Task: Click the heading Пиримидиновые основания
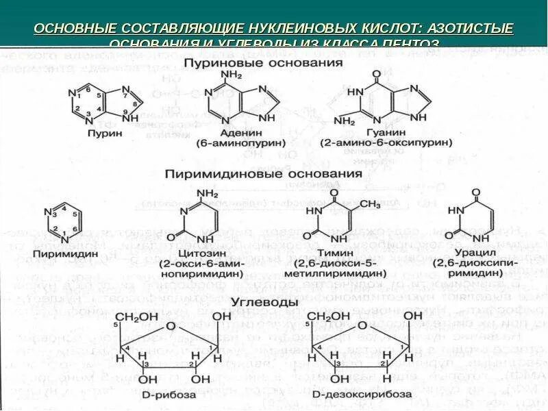[x=263, y=174]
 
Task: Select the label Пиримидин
[x=66, y=252]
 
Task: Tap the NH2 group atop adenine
[x=233, y=74]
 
